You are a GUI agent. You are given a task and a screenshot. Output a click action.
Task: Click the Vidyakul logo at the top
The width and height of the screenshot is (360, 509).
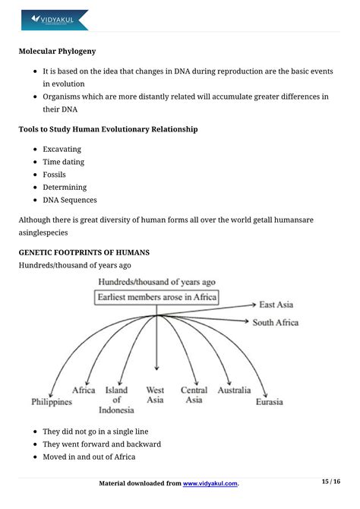55,19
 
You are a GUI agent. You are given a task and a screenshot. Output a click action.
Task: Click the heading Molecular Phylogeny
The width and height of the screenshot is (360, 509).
57,52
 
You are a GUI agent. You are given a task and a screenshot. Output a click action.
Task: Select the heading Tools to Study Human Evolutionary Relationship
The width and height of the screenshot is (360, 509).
108,129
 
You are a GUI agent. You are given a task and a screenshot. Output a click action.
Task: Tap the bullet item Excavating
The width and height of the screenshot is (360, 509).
62,149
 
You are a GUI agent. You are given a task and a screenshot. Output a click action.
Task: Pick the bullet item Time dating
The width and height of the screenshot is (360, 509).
63,162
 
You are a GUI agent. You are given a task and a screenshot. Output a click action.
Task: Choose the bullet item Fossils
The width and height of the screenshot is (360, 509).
55,175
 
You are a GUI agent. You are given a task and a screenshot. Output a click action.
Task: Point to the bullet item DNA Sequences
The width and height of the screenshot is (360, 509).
69,200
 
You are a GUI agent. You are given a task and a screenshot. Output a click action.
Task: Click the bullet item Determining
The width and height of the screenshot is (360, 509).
65,187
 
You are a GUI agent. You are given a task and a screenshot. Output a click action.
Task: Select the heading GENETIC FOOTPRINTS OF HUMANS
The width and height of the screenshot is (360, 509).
84,251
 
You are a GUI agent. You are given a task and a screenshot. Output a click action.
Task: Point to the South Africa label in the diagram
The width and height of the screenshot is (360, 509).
276,322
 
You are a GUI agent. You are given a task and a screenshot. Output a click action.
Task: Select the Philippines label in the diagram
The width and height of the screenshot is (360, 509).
52,401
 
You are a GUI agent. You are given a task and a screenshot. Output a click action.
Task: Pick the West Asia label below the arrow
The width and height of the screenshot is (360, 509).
155,395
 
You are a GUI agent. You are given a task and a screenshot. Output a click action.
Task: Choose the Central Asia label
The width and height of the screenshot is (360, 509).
194,395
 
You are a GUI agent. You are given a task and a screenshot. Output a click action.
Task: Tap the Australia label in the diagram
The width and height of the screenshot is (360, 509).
233,390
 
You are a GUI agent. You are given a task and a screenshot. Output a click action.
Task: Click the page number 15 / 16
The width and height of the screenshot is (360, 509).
331,482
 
